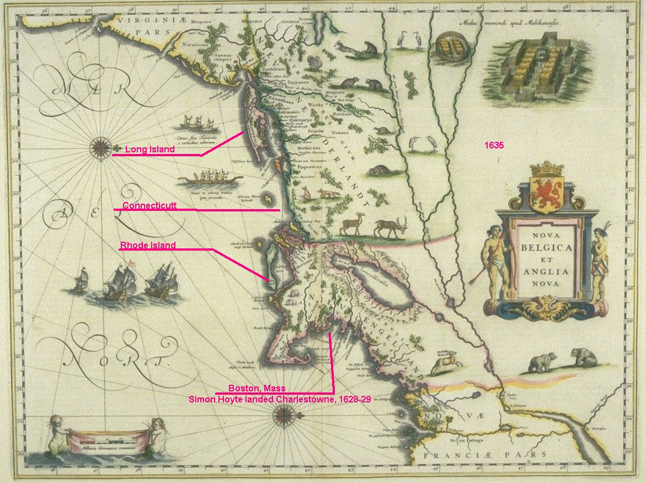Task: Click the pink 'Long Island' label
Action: [150, 149]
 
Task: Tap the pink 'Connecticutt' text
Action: [150, 205]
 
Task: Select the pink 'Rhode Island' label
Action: [148, 246]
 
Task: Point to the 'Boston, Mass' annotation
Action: [257, 388]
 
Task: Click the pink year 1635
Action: [494, 146]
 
